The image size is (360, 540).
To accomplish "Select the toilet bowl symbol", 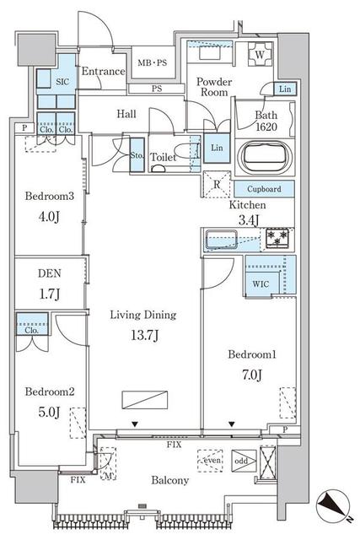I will [159, 168].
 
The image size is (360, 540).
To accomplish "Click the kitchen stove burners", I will [276, 239].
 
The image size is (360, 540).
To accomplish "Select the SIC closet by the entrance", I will [62, 82].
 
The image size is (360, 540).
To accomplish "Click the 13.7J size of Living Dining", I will [141, 335].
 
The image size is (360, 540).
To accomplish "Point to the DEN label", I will [48, 276].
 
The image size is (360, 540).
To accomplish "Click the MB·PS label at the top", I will [153, 62].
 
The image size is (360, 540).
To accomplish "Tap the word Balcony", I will [171, 481].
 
